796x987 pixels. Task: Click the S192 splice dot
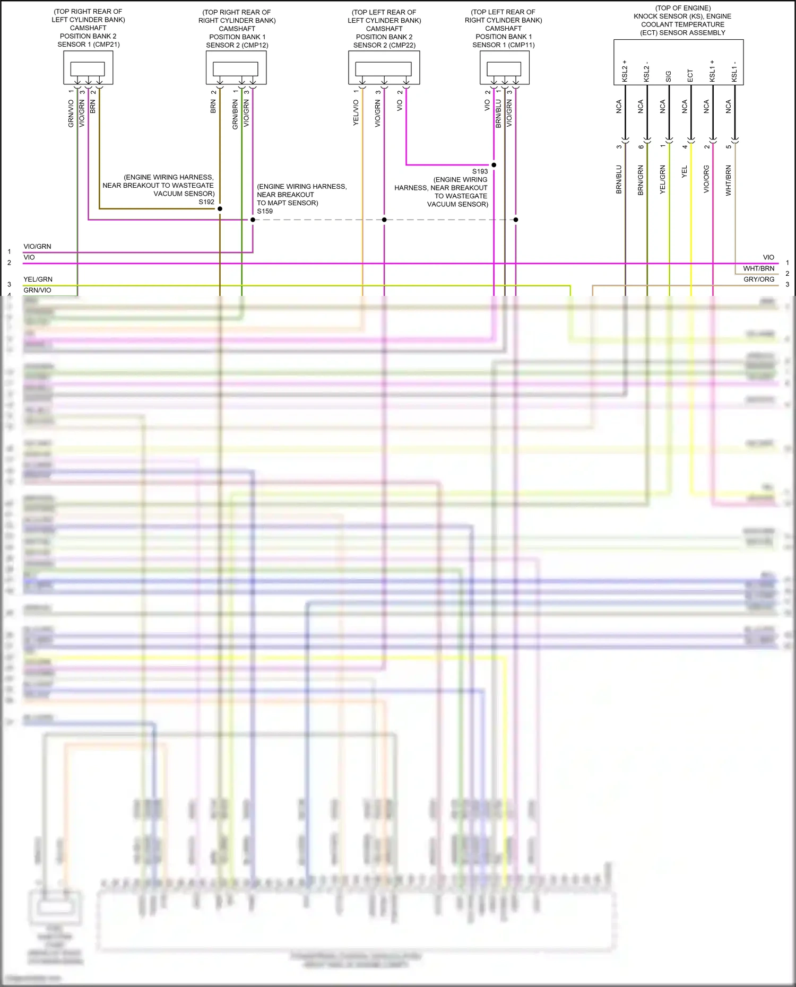(x=220, y=209)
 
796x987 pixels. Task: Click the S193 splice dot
(x=494, y=165)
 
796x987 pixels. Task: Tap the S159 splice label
(x=265, y=211)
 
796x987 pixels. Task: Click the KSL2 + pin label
(x=625, y=71)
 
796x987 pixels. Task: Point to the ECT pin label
(x=690, y=75)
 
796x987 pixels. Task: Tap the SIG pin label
(x=669, y=76)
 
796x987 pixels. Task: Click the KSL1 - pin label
(x=734, y=72)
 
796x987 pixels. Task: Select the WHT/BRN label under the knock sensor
(x=729, y=180)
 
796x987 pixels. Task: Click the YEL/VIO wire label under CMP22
(x=356, y=112)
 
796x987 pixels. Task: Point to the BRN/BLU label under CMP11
(x=498, y=113)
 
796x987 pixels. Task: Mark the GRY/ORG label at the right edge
(x=759, y=279)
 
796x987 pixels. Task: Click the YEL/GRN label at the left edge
(x=38, y=279)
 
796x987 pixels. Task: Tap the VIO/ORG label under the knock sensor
(x=706, y=179)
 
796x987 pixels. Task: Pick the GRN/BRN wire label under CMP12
(x=235, y=115)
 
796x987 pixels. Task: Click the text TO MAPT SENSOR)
(x=288, y=203)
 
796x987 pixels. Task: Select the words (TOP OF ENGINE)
(x=683, y=8)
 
